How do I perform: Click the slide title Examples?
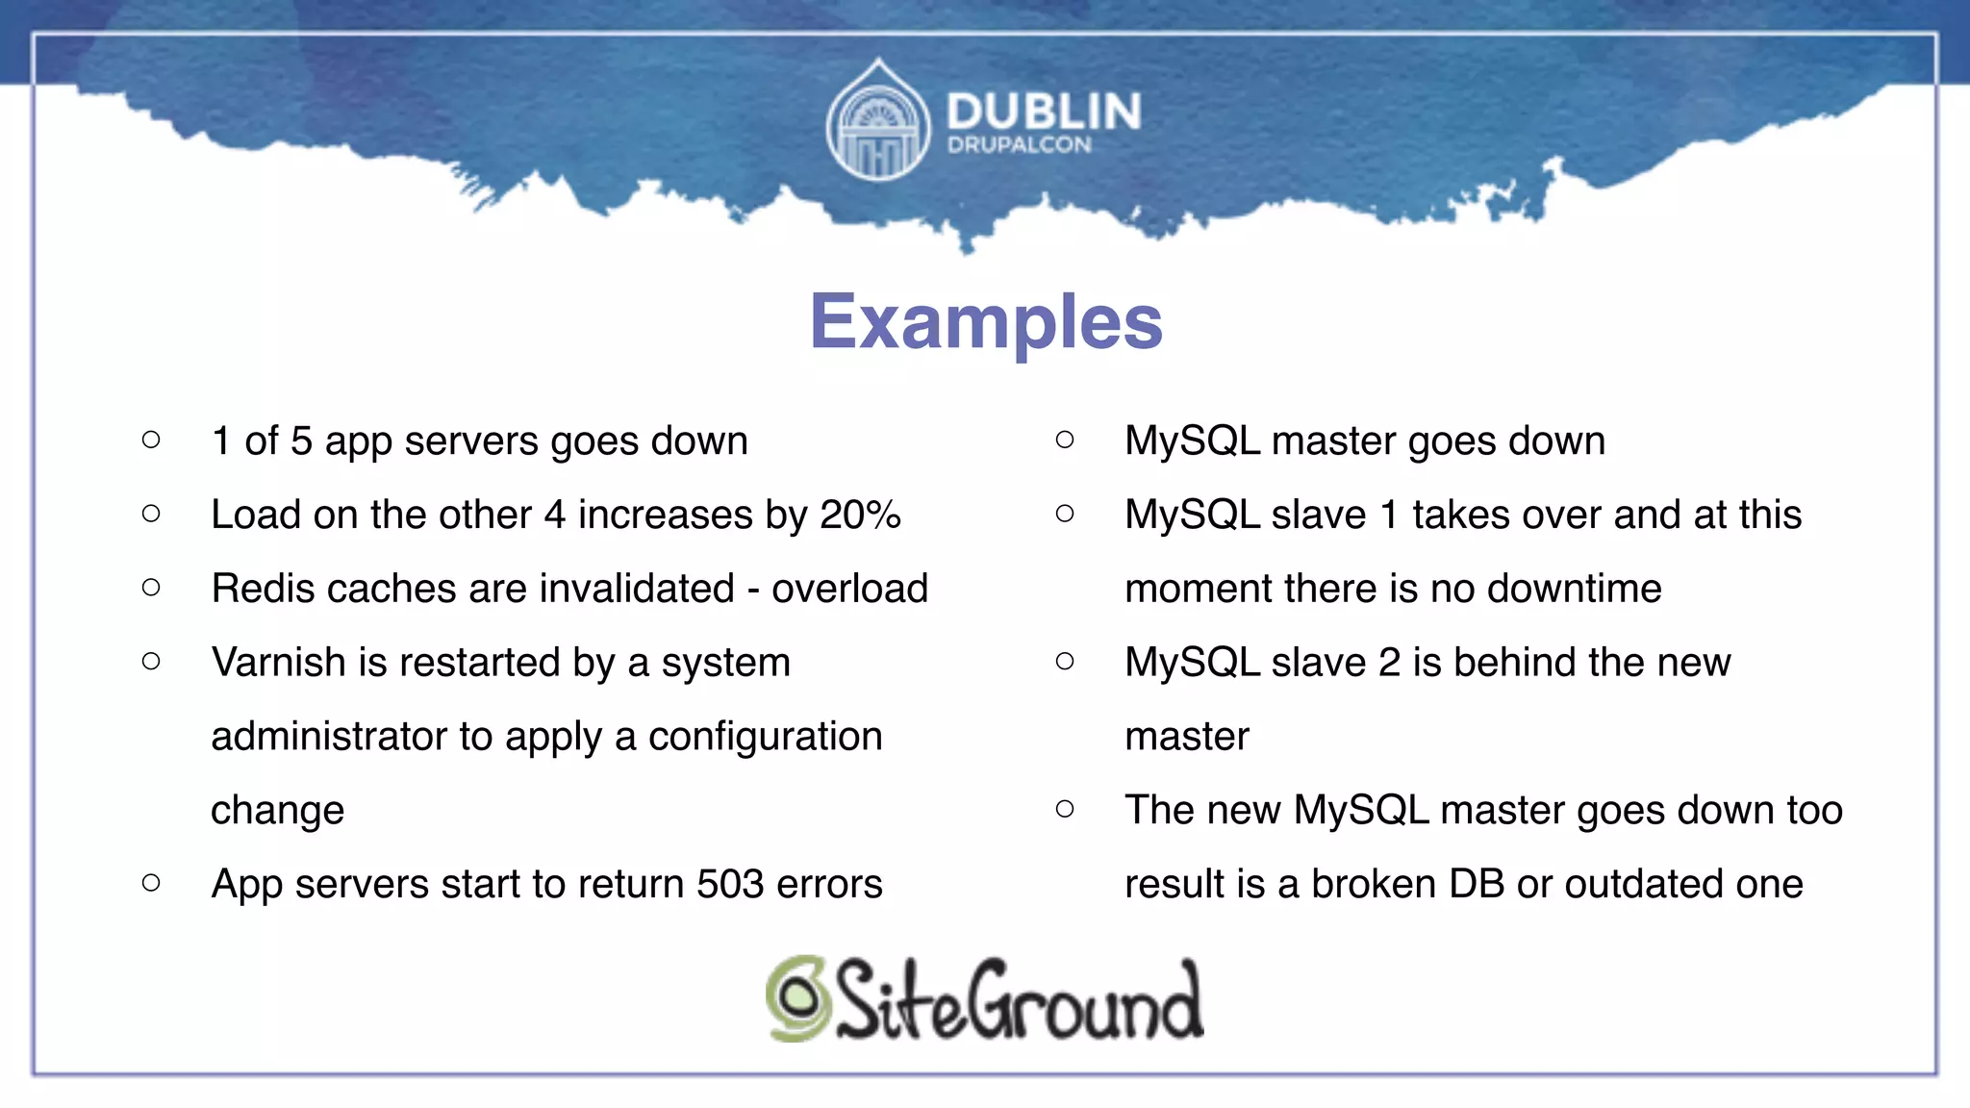click(x=986, y=322)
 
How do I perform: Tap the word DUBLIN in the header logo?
click(x=1044, y=112)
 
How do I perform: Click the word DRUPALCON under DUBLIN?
click(x=1019, y=145)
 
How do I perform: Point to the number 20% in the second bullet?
click(x=860, y=515)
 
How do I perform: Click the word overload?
click(x=849, y=589)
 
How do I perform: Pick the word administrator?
click(x=329, y=737)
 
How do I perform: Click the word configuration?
click(x=765, y=737)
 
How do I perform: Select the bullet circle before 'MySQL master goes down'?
click(x=1065, y=441)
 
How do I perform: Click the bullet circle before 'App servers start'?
click(x=151, y=883)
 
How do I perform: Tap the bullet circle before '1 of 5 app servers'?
click(x=151, y=441)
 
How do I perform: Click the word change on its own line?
click(x=277, y=811)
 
